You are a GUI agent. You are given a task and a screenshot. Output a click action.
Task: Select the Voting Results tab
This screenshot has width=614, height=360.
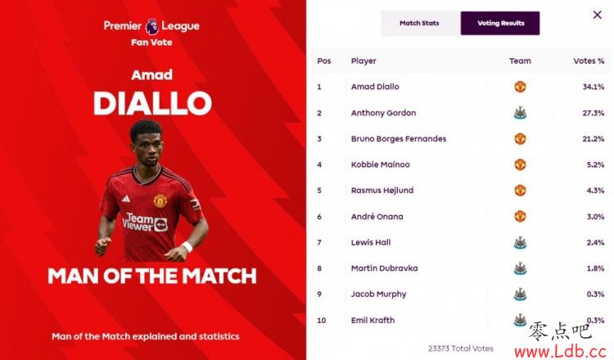[x=500, y=24]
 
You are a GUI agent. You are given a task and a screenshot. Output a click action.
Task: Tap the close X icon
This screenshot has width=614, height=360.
[x=597, y=15]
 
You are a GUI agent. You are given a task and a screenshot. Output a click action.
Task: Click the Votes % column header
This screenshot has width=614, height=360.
[x=589, y=61]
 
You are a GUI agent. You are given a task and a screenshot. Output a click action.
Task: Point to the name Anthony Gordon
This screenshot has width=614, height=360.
[x=383, y=113]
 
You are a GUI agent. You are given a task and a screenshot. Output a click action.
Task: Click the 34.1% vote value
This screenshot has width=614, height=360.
[x=594, y=87]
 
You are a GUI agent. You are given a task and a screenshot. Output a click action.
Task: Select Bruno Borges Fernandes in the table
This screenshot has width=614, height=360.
[x=399, y=139]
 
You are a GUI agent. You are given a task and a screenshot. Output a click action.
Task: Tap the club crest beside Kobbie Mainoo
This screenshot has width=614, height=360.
[x=520, y=164]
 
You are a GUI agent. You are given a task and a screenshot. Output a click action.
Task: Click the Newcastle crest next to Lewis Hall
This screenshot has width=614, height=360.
[x=520, y=243]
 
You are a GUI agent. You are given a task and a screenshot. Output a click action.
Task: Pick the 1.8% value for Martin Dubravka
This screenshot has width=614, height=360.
[x=595, y=268]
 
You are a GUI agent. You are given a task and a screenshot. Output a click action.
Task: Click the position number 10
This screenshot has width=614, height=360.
[x=322, y=321]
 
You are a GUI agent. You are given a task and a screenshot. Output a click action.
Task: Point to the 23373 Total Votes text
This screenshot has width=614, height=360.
[x=460, y=349]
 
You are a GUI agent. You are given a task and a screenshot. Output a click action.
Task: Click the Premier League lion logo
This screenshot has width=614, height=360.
[x=151, y=26]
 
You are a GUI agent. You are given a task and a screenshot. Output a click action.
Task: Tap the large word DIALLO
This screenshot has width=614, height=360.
[x=152, y=103]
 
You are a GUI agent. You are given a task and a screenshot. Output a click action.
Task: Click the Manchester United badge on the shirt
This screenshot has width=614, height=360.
[x=160, y=200]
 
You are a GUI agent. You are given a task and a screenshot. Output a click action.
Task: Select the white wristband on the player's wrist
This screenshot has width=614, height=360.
[x=187, y=246]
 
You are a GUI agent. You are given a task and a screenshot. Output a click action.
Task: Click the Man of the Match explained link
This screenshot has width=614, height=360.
[x=146, y=336]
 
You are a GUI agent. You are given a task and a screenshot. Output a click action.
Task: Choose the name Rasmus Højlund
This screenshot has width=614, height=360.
[x=382, y=191]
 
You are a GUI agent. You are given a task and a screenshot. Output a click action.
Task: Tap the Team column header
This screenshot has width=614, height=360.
[x=520, y=61]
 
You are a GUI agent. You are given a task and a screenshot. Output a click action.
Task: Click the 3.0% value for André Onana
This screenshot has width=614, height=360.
[x=595, y=217]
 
